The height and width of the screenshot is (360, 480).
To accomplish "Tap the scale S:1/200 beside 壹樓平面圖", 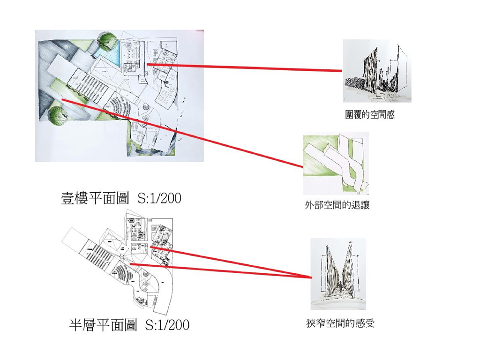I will (159, 198).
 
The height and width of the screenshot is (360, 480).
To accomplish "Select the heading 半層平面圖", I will (103, 324).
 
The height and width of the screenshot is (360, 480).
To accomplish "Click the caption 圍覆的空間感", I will (370, 114).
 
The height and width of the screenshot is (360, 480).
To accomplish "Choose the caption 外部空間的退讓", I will (337, 205).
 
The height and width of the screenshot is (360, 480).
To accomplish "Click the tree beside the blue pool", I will (108, 42).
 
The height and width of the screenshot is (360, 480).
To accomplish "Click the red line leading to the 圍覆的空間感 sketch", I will (244, 67).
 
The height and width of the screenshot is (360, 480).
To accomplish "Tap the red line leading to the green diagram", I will (183, 133).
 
